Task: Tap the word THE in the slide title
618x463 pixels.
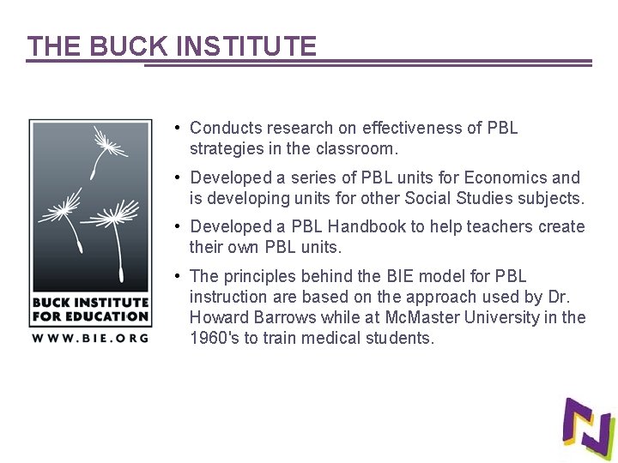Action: pos(49,46)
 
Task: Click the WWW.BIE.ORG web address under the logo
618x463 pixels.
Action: pos(90,337)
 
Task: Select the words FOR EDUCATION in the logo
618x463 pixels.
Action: pos(90,316)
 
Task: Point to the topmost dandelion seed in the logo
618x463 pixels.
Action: pos(108,142)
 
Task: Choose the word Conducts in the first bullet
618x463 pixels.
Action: pos(226,128)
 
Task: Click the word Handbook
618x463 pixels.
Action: pos(367,226)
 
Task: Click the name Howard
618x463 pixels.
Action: pos(217,317)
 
